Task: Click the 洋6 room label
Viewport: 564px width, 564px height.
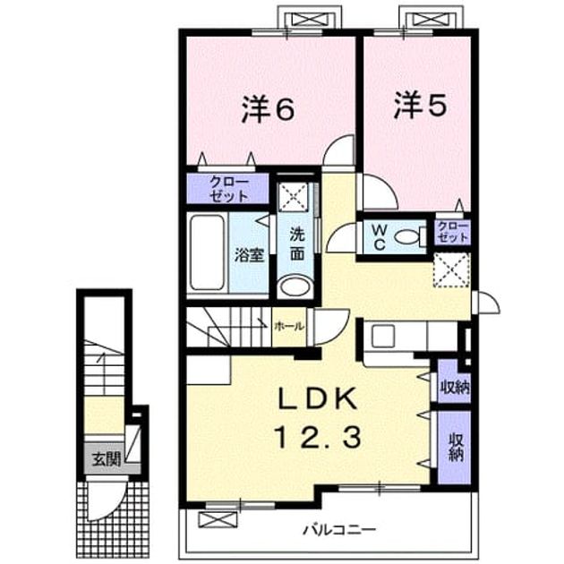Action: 268,108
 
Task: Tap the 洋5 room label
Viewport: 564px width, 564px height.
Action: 421,106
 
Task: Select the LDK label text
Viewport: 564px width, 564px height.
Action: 319,399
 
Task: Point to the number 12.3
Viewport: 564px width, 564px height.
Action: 318,439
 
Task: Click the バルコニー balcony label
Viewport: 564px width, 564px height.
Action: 339,529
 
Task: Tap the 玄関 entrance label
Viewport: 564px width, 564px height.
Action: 107,459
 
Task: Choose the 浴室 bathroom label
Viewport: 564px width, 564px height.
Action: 250,254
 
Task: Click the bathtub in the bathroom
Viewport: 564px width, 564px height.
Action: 207,252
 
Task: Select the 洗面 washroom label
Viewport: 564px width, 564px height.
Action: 297,244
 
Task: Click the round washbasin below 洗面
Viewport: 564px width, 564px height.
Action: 295,286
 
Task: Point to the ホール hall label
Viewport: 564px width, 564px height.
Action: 289,326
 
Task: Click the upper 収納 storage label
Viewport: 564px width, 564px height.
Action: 456,388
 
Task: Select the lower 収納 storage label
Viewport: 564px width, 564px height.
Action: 456,447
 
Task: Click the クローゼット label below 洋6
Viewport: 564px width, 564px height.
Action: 229,189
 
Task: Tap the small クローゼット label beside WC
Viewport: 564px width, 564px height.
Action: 453,233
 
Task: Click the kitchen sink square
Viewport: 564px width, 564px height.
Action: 383,336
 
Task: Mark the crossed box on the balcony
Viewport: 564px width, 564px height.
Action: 218,519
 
